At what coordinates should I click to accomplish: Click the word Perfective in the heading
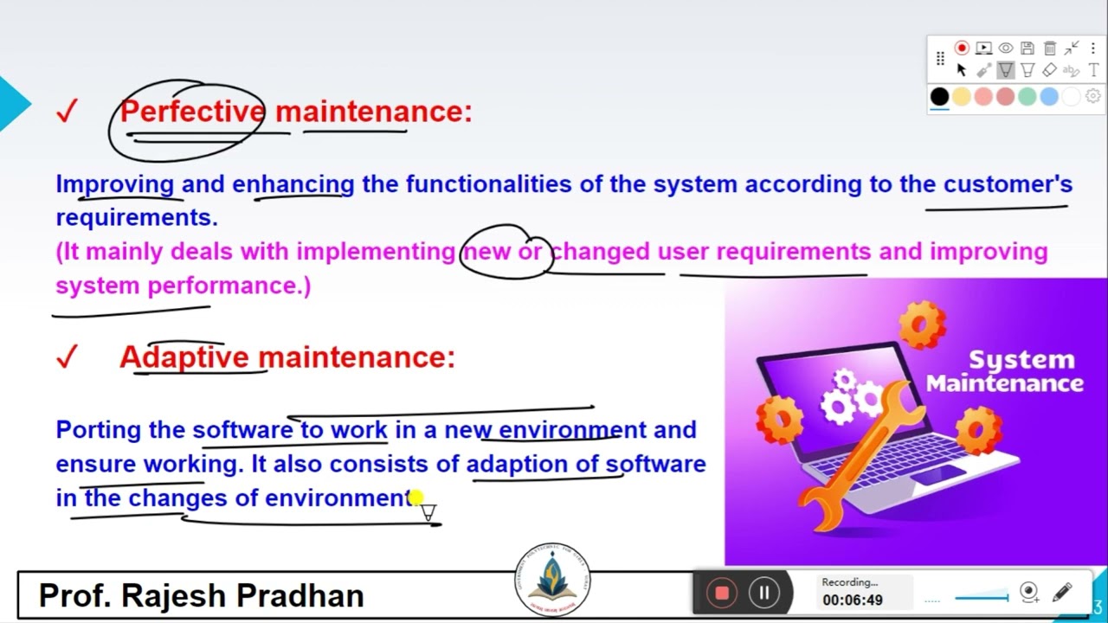coord(192,112)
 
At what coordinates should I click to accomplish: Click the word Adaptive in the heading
coord(184,357)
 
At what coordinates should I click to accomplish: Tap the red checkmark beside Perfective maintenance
coord(67,112)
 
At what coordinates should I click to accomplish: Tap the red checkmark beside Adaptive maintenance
coord(67,357)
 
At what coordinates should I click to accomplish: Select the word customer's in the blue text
coord(1008,184)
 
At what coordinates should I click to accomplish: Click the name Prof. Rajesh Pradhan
coord(201,595)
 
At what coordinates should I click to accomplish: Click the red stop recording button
coord(721,593)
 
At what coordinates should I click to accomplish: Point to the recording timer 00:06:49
coord(853,601)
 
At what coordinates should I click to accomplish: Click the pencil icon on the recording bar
coord(1062,593)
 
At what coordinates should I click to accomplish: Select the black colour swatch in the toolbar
coord(939,96)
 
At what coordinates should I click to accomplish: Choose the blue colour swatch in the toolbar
coord(1049,96)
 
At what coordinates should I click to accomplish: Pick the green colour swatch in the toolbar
coord(1027,96)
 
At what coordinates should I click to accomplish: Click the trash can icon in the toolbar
coord(1050,48)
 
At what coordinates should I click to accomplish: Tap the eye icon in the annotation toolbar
coord(1006,48)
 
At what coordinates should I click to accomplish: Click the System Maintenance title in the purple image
coord(1005,371)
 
